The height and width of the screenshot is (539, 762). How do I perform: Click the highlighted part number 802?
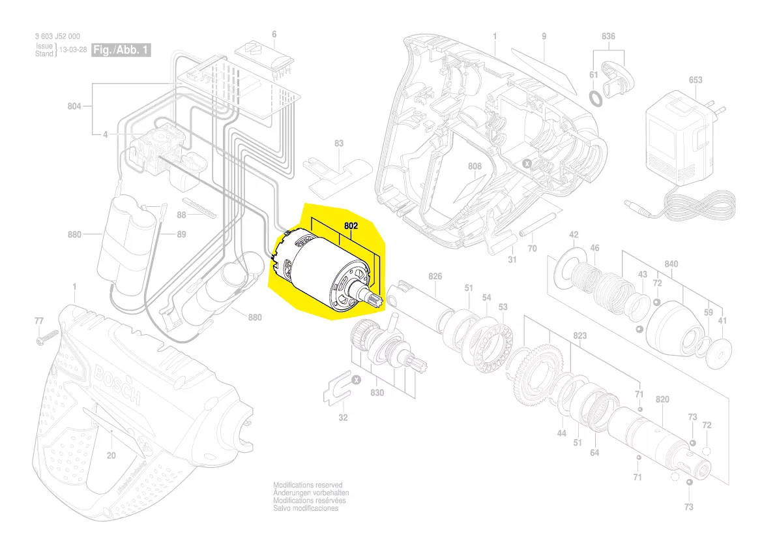click(x=351, y=225)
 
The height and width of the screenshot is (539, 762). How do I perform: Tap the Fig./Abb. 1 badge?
click(x=122, y=50)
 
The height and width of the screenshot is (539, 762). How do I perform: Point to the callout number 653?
click(x=695, y=80)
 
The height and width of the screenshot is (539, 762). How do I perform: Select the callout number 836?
click(x=608, y=37)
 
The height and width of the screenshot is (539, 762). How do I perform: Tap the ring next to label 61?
click(x=596, y=97)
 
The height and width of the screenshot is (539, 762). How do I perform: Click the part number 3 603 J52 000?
click(x=58, y=37)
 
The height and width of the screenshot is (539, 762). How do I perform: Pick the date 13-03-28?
click(x=74, y=50)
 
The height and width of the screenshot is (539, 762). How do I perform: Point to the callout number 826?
click(x=435, y=277)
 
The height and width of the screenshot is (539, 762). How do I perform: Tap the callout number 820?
click(x=662, y=399)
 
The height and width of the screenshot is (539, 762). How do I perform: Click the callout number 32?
click(x=343, y=417)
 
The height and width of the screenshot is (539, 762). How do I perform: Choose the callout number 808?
click(x=475, y=166)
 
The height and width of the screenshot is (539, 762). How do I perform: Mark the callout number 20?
click(x=111, y=455)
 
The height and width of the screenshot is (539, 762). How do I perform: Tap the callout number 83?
click(x=338, y=143)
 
